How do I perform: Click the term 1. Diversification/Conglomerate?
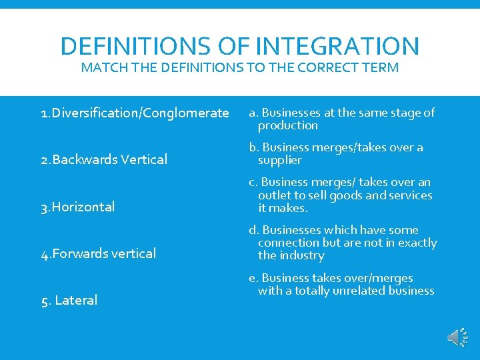tap(135, 113)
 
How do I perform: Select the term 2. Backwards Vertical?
tap(104, 159)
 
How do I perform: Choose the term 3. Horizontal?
tap(78, 207)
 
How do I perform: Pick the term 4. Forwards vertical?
tap(99, 253)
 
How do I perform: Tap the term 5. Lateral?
tap(69, 300)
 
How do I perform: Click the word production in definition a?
tap(288, 125)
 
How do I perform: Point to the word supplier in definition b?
tap(280, 160)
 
